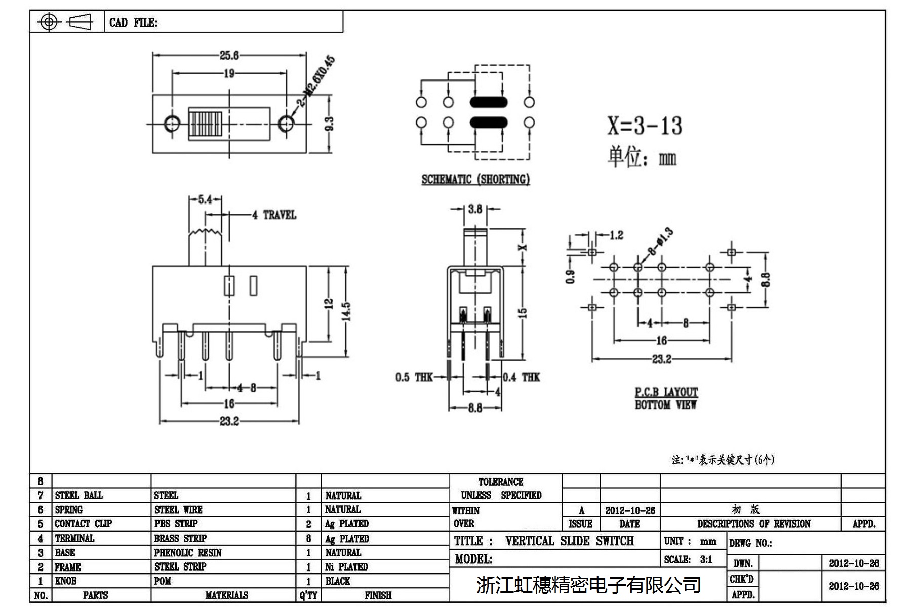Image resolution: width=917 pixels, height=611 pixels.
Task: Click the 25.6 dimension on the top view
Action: tap(229, 55)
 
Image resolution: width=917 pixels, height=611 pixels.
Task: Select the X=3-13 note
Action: tap(645, 125)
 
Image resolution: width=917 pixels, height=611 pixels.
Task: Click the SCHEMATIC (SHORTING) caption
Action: tap(475, 179)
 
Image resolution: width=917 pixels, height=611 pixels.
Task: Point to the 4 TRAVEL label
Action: tap(274, 215)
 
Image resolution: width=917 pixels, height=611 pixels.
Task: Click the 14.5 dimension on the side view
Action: tap(346, 311)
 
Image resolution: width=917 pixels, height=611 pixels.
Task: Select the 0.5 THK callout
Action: tap(414, 377)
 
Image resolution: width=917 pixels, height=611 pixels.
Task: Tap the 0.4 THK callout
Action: tap(521, 377)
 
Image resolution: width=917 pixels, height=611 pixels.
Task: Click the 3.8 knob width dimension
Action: tap(475, 209)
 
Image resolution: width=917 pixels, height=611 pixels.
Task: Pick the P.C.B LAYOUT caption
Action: tap(666, 392)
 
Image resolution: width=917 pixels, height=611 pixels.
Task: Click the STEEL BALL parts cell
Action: tap(79, 495)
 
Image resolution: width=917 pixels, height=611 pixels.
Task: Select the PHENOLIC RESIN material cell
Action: tap(188, 553)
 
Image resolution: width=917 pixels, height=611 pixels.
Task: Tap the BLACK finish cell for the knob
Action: tap(338, 581)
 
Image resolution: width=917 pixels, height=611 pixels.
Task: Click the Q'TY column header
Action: tap(308, 595)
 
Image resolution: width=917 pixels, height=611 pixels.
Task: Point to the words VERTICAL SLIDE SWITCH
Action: tap(570, 541)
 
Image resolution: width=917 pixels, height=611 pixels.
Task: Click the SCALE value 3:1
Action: tap(706, 560)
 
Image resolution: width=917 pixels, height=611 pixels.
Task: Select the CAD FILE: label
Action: tap(133, 22)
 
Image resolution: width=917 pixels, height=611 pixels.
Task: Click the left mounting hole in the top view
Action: tap(172, 123)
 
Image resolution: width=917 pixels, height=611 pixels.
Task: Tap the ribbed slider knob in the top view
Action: tap(205, 124)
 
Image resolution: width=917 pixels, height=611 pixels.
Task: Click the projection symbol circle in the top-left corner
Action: tap(49, 22)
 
